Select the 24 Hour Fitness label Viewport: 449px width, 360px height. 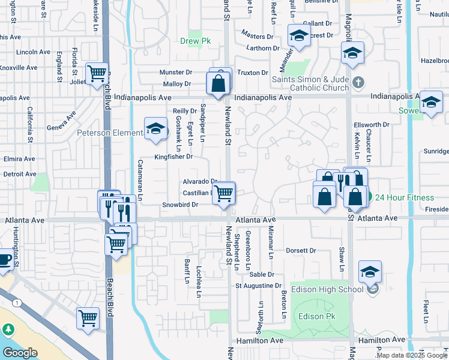[x=405, y=197]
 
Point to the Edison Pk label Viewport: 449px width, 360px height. [x=315, y=316]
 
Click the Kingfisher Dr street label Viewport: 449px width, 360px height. [x=173, y=157]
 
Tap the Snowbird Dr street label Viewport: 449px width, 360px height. [x=179, y=205]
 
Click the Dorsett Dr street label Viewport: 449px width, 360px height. [x=300, y=250]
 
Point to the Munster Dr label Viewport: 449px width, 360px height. [x=175, y=73]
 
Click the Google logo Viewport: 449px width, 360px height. [x=20, y=352]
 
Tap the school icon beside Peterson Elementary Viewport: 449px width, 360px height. [x=155, y=129]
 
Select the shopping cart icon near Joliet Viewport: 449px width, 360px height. [x=97, y=74]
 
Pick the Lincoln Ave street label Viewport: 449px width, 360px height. [x=33, y=52]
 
